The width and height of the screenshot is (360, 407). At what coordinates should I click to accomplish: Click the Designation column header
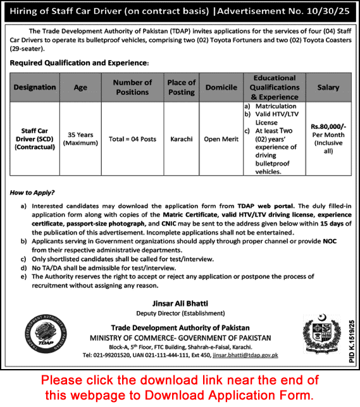click(35, 88)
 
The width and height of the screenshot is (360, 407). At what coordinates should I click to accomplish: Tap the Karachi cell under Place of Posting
click(182, 139)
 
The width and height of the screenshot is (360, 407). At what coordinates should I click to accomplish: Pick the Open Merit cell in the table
click(221, 139)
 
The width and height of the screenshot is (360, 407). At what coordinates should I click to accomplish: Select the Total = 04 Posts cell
click(132, 139)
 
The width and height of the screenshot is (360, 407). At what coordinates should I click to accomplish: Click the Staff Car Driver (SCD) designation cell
click(35, 138)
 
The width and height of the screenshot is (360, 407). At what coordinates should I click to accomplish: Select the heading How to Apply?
click(32, 192)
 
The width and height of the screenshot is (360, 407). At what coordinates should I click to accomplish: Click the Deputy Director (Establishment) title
click(181, 313)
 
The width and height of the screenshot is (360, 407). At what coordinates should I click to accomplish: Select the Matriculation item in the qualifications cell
click(275, 106)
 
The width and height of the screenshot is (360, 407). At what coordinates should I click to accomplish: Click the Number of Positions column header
click(132, 88)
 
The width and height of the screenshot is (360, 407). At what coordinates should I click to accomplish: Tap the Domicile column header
click(221, 88)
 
